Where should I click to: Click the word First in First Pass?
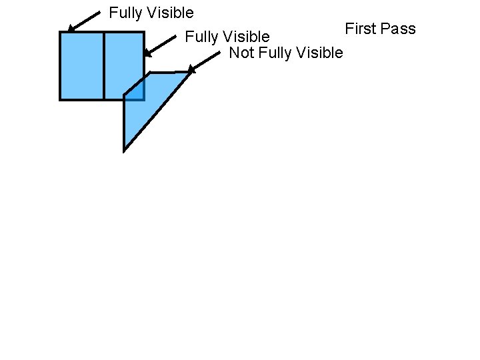coord(360,29)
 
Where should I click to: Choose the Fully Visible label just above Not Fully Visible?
coord(227,36)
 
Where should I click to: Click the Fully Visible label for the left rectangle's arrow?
coord(151,13)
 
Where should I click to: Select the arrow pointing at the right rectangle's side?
coord(161,45)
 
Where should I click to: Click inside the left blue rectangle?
coord(82,65)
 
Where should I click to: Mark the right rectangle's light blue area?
coord(124,60)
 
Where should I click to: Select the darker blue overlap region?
coord(135,92)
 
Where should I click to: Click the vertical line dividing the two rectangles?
coord(104,65)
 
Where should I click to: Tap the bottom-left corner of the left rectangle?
coord(61,99)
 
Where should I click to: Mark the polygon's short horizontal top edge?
coord(170,72)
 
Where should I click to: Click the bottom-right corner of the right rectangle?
coord(144,99)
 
